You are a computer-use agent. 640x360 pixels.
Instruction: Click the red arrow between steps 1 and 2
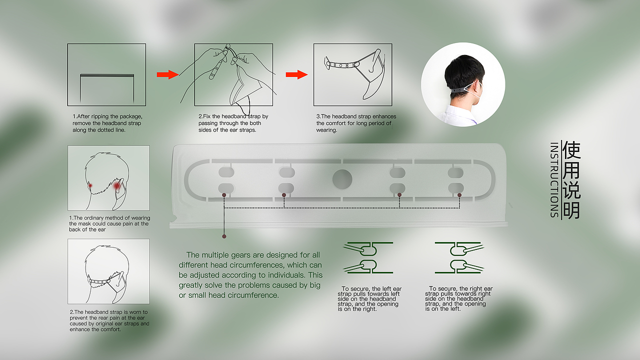[167, 74]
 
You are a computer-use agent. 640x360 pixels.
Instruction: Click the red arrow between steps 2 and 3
[296, 74]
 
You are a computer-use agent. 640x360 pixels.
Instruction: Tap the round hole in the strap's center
[342, 179]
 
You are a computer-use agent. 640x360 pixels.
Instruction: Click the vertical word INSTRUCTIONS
[554, 180]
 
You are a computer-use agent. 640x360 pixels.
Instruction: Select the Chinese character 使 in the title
[571, 149]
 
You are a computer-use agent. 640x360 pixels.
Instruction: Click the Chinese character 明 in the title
[571, 210]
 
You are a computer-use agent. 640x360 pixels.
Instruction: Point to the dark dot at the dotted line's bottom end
[224, 236]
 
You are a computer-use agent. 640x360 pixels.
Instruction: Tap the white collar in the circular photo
[457, 115]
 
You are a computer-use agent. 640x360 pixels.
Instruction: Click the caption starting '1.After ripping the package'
[107, 123]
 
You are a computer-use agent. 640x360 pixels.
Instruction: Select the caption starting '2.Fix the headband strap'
[233, 123]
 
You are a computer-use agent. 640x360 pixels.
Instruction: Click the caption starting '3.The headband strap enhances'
[356, 123]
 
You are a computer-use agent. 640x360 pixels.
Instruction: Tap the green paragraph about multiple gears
[250, 275]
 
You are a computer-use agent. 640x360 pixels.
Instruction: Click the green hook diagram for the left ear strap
[368, 257]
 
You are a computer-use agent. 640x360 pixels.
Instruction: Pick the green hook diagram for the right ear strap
[459, 257]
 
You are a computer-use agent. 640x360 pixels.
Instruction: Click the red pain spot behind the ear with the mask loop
[117, 186]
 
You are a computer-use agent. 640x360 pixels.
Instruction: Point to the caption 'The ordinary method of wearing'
[109, 223]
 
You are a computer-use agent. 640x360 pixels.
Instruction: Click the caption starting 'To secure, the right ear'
[458, 298]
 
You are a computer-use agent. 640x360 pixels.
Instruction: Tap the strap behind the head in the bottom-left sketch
[99, 281]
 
